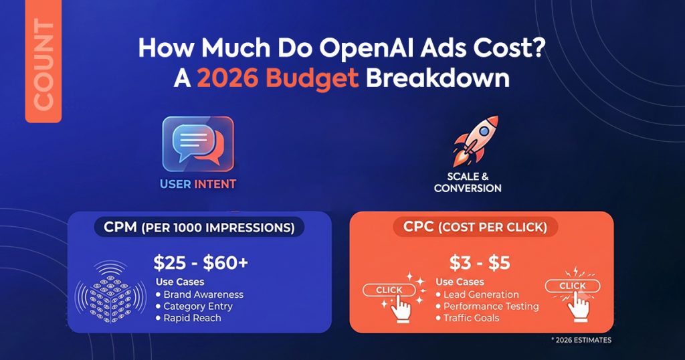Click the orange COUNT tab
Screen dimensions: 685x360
43,61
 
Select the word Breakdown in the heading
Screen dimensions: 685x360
437,79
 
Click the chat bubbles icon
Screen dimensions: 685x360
198,144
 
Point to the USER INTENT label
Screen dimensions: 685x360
198,184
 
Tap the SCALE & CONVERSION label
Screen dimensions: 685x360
468,182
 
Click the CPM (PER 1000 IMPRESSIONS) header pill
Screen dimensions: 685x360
199,228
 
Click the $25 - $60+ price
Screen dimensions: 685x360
201,262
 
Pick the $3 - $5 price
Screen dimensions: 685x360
480,262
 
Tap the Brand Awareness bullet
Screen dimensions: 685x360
199,294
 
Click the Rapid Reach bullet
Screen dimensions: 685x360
188,318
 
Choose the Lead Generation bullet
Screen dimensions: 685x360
477,294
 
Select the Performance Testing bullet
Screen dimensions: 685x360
487,306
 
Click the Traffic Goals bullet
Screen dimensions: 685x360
468,318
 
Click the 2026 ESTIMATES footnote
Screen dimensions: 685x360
581,340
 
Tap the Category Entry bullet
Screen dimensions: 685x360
194,306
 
